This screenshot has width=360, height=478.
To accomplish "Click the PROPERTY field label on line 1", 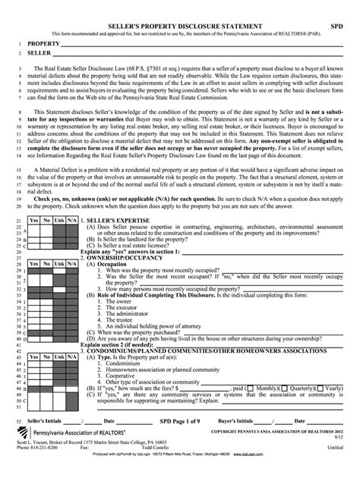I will coord(44,45).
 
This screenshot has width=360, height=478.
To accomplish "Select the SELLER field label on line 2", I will coord(39,55).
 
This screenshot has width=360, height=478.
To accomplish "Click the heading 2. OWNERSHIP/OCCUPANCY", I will coord(122,258).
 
